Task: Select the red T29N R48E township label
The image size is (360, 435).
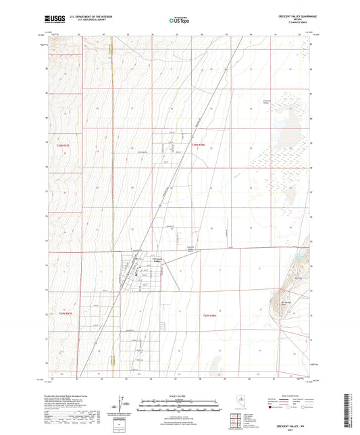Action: pos(210,315)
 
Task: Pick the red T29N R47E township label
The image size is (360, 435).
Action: pos(65,313)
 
